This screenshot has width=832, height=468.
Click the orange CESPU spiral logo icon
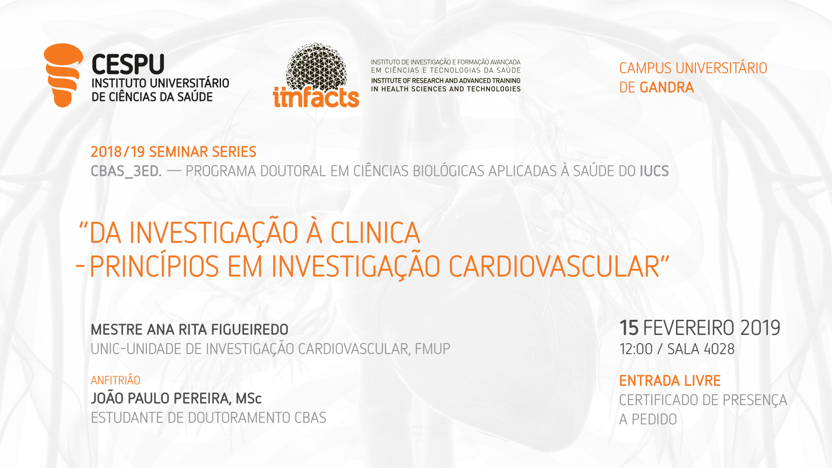pos(63,75)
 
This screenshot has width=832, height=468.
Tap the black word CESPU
pos(128,65)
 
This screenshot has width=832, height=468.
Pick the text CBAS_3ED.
pos(126,172)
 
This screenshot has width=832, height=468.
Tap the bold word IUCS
pos(654,171)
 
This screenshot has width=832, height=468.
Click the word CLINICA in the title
pos(375,233)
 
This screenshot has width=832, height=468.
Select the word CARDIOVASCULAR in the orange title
pos(554,266)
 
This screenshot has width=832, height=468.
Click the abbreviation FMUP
pos(432,349)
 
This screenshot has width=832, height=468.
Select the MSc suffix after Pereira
pos(249,399)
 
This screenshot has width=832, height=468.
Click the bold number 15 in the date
pos(629,328)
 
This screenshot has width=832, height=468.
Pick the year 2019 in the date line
pos(760,328)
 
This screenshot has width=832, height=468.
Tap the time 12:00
pos(636,349)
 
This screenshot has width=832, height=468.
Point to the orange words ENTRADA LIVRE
pos(670,381)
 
